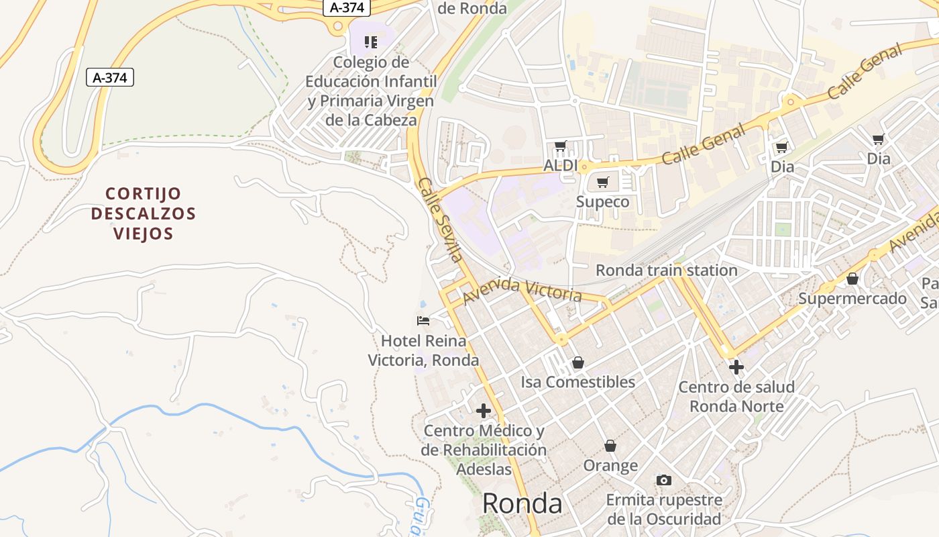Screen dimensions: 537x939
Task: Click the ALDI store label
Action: point(561,165)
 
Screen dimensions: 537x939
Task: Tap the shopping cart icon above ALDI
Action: point(561,146)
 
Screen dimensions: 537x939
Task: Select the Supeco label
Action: point(603,201)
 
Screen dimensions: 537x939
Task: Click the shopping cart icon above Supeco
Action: point(603,182)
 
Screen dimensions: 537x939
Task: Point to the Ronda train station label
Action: point(667,270)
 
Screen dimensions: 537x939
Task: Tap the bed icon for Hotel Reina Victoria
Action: point(423,321)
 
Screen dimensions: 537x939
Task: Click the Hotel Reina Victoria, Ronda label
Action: point(424,350)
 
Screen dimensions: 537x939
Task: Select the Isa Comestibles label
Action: point(578,382)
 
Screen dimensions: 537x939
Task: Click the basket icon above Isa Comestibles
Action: point(578,363)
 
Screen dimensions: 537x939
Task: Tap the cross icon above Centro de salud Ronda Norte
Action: point(736,367)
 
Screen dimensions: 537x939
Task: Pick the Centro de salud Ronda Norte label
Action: point(736,397)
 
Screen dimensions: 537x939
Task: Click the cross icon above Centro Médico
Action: point(484,411)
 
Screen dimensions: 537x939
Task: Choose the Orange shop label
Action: point(610,465)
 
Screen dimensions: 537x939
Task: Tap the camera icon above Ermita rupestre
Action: point(664,480)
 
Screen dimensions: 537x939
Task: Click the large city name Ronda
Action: point(522,503)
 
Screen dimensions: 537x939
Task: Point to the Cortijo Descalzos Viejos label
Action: point(144,213)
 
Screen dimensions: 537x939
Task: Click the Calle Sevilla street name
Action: point(440,219)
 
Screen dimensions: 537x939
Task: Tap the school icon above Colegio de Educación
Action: point(371,43)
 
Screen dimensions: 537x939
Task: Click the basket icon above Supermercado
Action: point(852,279)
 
